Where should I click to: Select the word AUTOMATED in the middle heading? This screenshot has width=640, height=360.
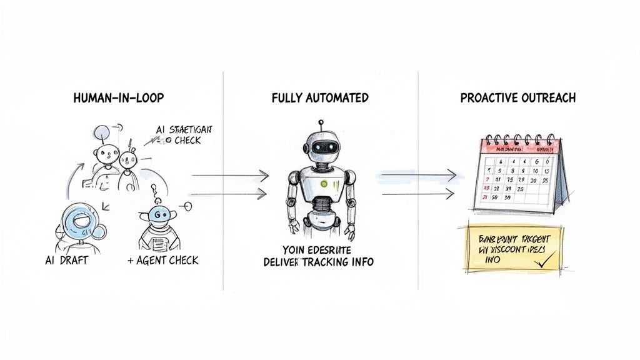pos(342,98)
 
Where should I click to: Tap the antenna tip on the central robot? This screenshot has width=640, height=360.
pos(320,122)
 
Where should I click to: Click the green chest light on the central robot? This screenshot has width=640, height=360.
pos(324,184)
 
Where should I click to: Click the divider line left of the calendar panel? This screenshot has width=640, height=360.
pos(418,181)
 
